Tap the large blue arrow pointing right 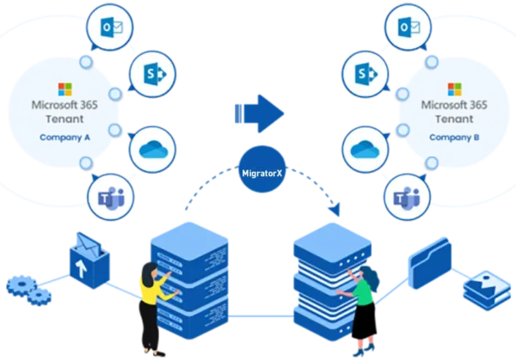pos(259,113)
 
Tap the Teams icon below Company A pos(110,196)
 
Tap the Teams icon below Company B pos(403,196)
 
